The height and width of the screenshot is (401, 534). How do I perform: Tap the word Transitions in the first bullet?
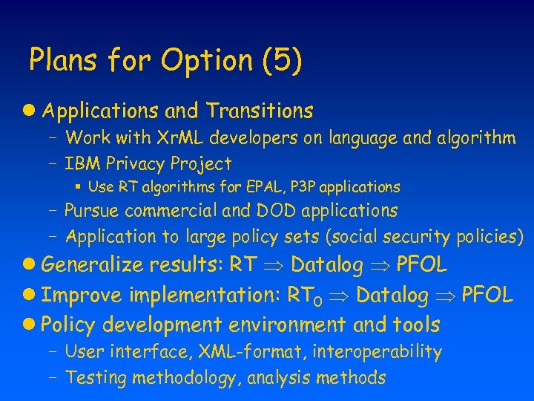[260, 111]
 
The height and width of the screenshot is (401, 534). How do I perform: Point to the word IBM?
[82, 163]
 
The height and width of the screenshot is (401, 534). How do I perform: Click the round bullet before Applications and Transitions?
[30, 111]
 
